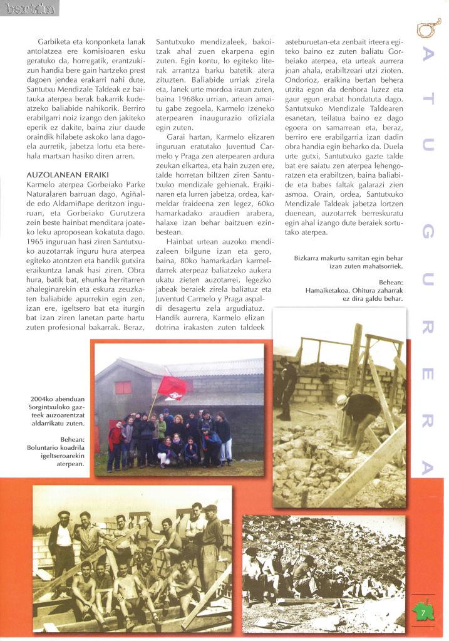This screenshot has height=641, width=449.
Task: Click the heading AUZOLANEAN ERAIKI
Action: point(59,174)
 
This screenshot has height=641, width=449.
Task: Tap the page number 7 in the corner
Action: point(423,611)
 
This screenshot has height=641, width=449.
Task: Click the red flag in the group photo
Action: point(173,387)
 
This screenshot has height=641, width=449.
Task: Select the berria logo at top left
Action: point(29,8)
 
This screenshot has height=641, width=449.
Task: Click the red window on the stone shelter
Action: point(123,387)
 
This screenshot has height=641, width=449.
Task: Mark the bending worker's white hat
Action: point(341,399)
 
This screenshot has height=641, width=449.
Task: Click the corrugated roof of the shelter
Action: point(207,367)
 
